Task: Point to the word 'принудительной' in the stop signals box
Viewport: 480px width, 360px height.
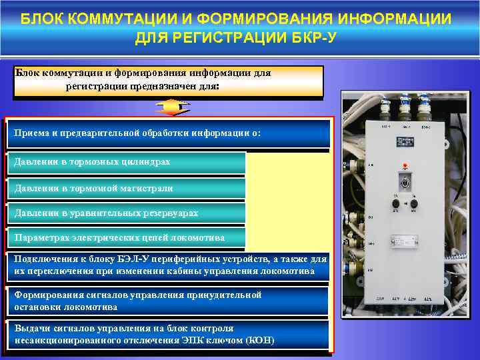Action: pyautogui.click(x=227, y=295)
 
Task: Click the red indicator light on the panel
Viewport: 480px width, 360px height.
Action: pyautogui.click(x=405, y=165)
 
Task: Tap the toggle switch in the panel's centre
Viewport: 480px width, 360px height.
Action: pyautogui.click(x=405, y=181)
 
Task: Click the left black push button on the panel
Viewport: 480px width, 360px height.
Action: pyautogui.click(x=395, y=203)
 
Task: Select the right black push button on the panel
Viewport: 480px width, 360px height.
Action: pyautogui.click(x=414, y=203)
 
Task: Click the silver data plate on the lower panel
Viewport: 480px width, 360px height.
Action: pyautogui.click(x=405, y=243)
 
